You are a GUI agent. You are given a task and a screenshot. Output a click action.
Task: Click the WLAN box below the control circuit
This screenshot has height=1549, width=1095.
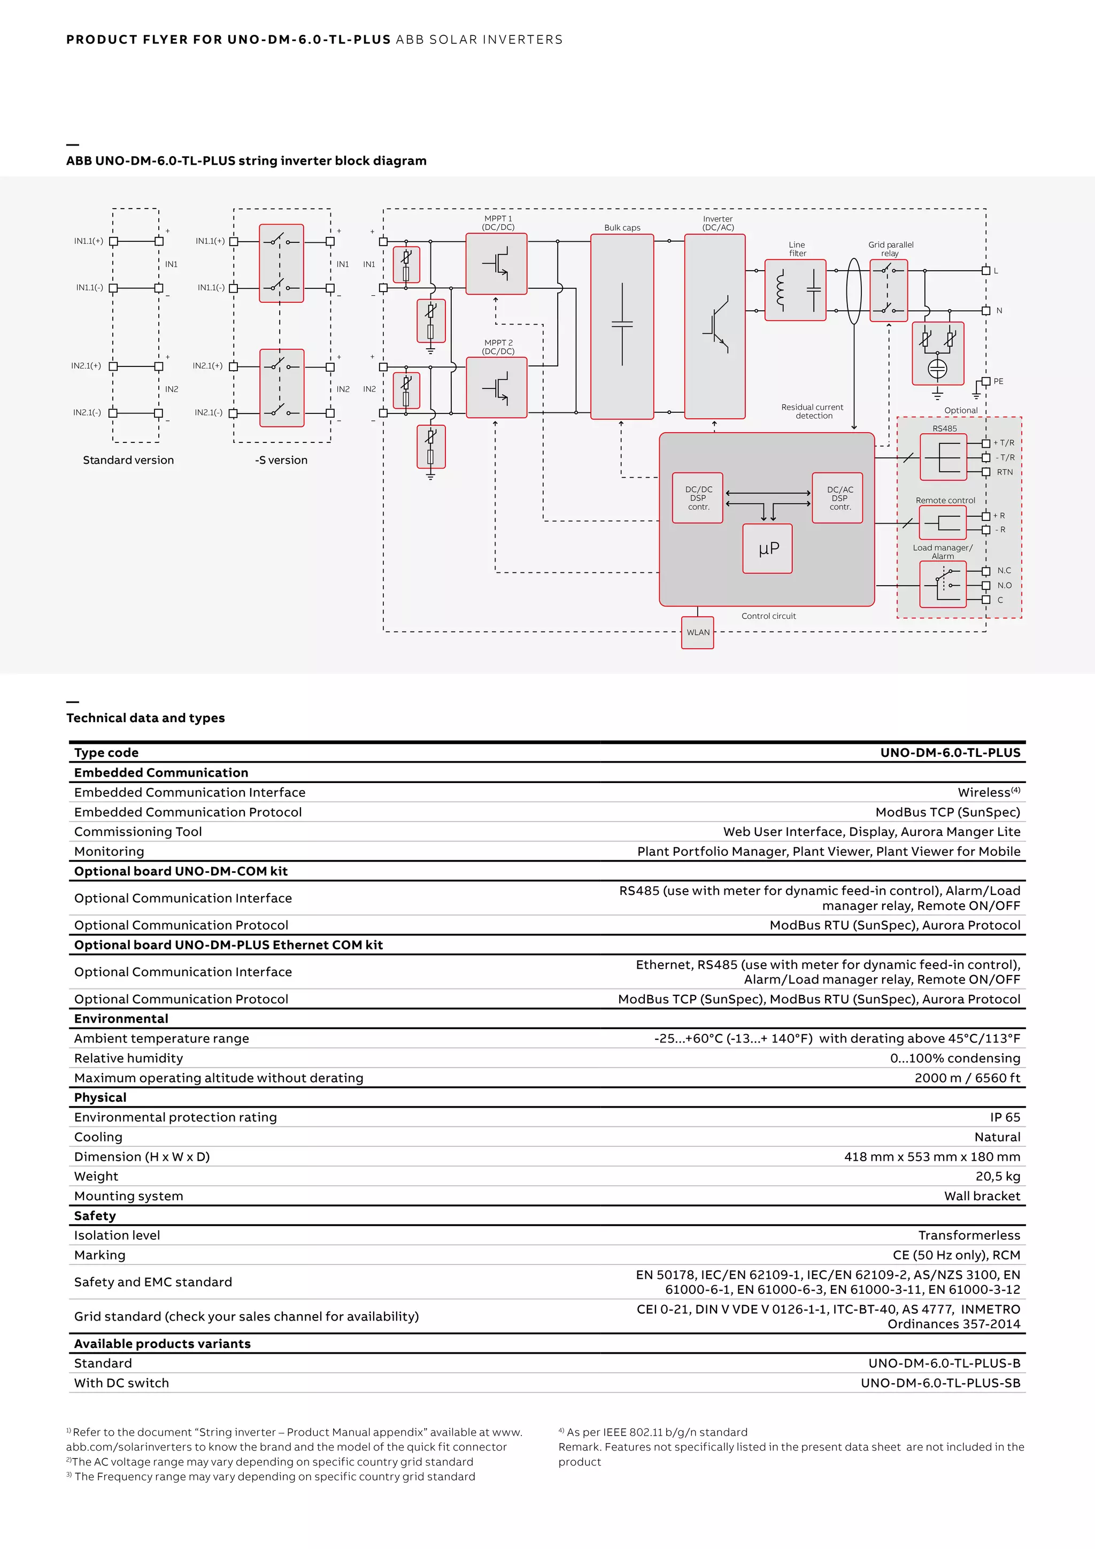click(697, 632)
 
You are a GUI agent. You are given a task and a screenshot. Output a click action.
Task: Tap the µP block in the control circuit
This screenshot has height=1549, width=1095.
click(767, 548)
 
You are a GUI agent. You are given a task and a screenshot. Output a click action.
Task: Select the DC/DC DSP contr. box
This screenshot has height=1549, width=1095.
click(698, 498)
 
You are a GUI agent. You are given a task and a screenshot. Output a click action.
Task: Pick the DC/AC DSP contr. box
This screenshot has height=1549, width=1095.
click(838, 498)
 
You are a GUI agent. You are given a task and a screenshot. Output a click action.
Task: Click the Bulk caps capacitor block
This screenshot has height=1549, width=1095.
click(622, 326)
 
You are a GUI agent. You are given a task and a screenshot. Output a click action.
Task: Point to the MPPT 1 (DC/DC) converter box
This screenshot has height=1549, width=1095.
click(496, 264)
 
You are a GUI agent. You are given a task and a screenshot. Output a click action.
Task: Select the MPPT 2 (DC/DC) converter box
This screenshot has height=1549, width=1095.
click(496, 387)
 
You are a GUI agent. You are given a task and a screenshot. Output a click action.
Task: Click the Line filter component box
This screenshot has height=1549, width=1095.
click(796, 290)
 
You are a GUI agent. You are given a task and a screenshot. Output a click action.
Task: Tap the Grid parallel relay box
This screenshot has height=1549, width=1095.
click(889, 290)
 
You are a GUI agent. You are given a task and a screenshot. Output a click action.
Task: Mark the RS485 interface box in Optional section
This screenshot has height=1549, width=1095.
click(943, 457)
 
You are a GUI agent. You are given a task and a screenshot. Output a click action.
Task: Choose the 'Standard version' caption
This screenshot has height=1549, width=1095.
click(128, 460)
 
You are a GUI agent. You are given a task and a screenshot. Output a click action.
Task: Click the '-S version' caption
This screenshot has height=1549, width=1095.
click(281, 460)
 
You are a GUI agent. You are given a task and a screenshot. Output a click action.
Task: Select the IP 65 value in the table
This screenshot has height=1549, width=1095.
click(1004, 1117)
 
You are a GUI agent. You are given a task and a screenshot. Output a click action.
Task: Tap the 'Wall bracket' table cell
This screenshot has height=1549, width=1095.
click(982, 1195)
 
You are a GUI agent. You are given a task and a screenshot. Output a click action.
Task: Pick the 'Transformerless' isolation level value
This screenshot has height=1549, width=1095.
click(969, 1235)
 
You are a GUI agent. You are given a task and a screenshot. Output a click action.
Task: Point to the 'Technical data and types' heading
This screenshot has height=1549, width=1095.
click(145, 718)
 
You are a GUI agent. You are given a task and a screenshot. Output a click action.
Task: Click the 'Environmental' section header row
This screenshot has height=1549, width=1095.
click(121, 1019)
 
